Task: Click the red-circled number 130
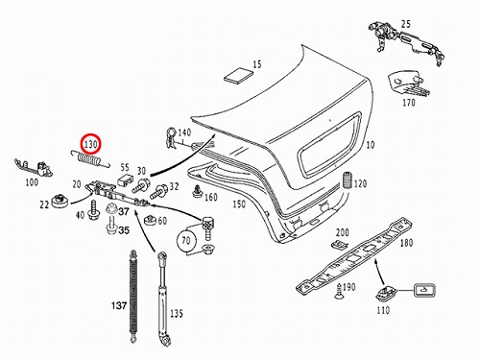click(90, 144)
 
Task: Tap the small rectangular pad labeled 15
click(238, 76)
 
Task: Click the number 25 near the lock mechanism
click(406, 24)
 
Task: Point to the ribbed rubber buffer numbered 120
click(348, 181)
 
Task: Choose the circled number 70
click(186, 241)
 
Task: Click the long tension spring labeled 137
click(133, 297)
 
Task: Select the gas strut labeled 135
click(163, 300)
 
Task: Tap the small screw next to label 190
click(339, 291)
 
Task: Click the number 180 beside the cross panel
click(406, 243)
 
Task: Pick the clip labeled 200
click(339, 245)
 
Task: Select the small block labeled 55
click(125, 180)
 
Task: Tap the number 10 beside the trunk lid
click(371, 145)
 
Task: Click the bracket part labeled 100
click(34, 167)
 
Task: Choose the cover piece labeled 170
click(407, 83)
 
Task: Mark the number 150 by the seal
click(239, 204)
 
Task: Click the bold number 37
click(124, 211)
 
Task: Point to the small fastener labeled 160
click(197, 192)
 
